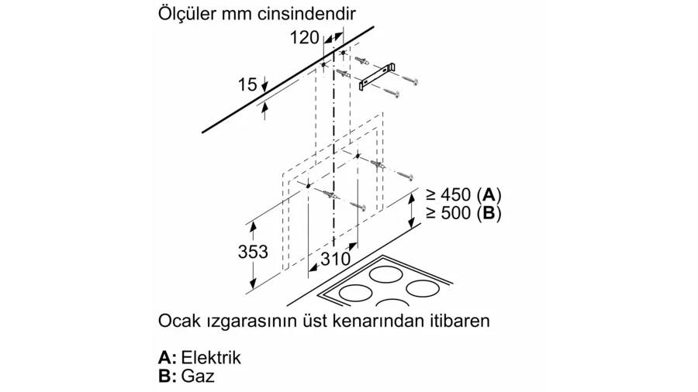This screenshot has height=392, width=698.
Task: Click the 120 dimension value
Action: coord(305,37)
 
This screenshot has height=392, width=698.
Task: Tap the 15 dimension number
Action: coord(247,84)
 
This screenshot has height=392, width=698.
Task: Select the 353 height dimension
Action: coord(253,252)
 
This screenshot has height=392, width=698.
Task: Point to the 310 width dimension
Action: coord(335,259)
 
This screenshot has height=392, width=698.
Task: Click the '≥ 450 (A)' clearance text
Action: coord(464,194)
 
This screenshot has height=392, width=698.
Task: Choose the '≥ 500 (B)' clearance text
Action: coord(464,213)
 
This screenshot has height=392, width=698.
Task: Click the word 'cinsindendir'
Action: coord(307,13)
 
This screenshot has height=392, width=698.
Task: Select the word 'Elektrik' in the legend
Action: coord(212,357)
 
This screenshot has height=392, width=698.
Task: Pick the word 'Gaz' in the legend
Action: coord(198,376)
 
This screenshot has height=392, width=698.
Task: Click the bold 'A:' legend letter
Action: coord(168,357)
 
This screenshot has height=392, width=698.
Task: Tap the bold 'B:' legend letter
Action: coord(168,376)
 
